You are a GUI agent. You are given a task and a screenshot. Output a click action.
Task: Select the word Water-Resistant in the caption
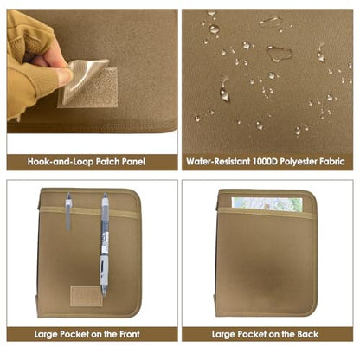[218, 161]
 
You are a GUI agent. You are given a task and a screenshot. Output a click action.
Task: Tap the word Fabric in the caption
[332, 161]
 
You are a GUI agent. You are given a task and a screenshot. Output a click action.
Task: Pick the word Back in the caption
[308, 334]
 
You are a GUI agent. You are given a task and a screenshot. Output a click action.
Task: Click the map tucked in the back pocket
[267, 204]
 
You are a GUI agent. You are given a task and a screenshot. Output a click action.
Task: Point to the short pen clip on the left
[68, 211]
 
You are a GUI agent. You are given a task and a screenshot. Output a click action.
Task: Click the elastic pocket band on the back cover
[266, 213]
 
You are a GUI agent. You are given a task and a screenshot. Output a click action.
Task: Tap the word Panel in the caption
[133, 162]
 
